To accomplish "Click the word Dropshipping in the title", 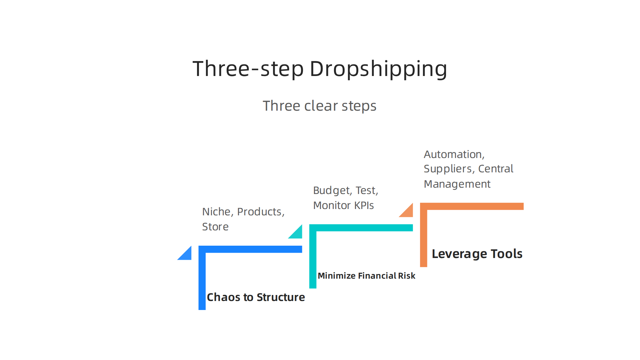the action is (378, 69).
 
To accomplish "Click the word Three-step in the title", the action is (248, 69).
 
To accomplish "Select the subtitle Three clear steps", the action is (320, 106).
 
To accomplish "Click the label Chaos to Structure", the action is (256, 297).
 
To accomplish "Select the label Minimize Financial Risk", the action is (366, 276).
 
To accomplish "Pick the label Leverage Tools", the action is (477, 254).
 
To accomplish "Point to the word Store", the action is (215, 227).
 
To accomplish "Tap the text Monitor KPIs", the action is (343, 205).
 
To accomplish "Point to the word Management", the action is (457, 184).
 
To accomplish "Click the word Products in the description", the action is (261, 212).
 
